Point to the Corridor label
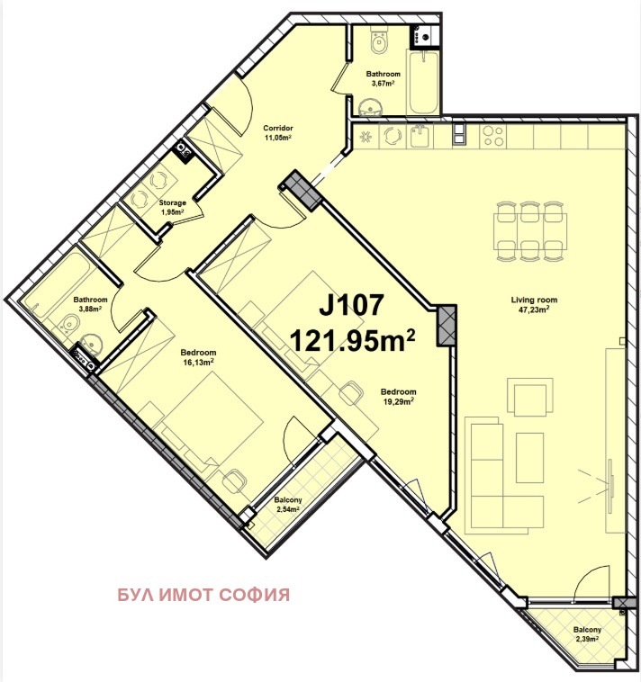coord(277,128)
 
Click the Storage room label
coord(173,202)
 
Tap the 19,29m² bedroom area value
coord(397,401)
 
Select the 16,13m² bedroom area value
coord(198,362)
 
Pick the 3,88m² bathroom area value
coord(90,309)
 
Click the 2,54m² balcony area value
coord(288,509)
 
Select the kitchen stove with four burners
coord(493,136)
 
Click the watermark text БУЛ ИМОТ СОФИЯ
coord(203,595)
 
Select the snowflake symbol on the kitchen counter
coord(366,137)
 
